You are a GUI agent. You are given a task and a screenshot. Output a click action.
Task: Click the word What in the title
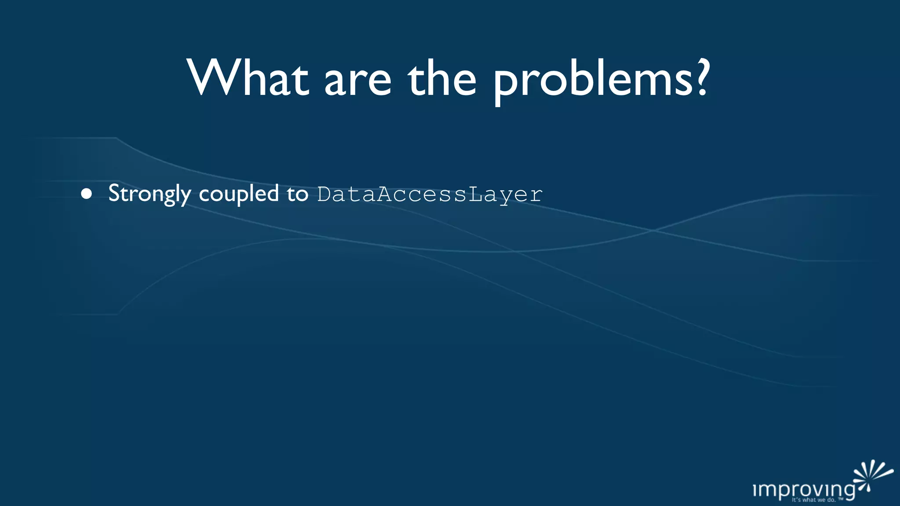pos(248,78)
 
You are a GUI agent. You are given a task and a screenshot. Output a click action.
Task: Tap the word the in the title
pos(442,78)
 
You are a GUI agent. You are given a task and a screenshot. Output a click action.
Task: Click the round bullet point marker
pos(87,194)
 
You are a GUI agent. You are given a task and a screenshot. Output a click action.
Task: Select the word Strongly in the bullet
pos(149,194)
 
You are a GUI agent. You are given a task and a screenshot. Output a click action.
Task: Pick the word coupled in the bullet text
pos(239,194)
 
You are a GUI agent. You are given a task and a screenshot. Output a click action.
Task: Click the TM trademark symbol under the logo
pos(841,499)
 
